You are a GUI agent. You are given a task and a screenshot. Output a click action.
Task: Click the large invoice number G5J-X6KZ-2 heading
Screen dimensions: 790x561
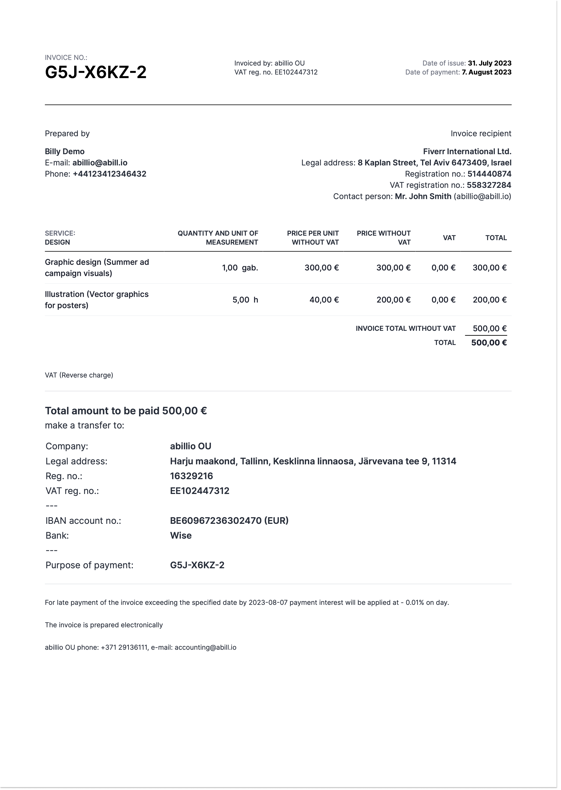click(96, 72)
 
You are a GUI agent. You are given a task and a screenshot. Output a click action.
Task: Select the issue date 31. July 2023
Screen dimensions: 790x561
click(489, 63)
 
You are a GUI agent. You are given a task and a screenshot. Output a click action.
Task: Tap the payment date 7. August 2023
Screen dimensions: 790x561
click(486, 72)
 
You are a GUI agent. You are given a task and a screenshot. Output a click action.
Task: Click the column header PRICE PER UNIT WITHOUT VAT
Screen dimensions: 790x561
click(313, 238)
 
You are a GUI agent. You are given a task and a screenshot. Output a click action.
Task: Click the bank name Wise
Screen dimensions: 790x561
click(181, 535)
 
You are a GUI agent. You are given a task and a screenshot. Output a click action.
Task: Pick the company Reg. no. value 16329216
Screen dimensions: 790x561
click(191, 476)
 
